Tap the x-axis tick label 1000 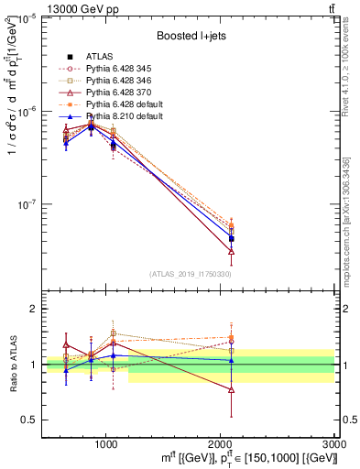pyautogui.click(x=106, y=442)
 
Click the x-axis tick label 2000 pyautogui.click(x=221, y=442)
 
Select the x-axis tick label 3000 pyautogui.click(x=334, y=442)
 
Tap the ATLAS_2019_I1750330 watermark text pyautogui.click(x=189, y=273)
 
